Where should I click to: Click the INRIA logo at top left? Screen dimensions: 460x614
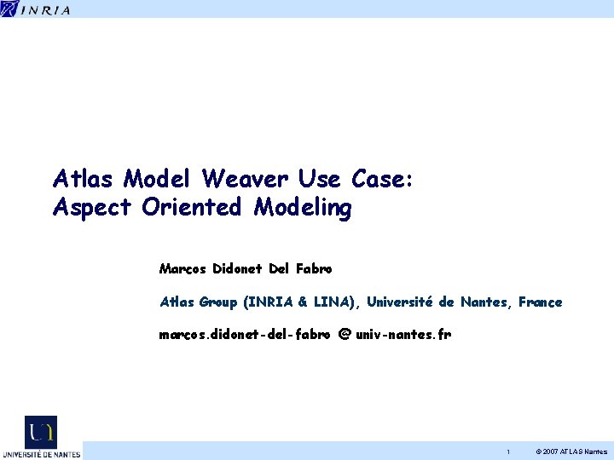(36, 9)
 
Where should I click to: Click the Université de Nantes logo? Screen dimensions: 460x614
(41, 437)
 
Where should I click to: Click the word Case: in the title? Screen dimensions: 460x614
(381, 179)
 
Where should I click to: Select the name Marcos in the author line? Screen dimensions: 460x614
(182, 269)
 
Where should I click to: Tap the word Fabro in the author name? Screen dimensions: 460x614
(314, 269)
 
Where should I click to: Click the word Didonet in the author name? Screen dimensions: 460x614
(237, 269)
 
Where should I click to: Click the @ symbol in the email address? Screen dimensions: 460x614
(345, 335)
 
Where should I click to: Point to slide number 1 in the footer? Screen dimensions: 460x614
(508, 451)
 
